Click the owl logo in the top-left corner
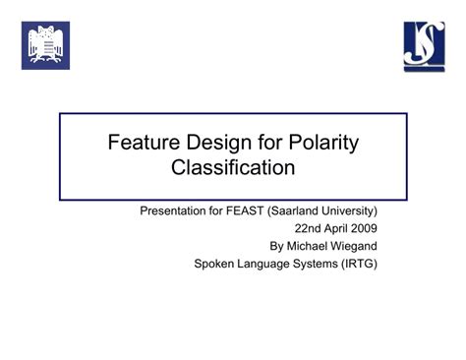46,45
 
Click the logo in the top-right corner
424,45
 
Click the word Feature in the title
143,143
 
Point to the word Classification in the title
233,167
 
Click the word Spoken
217,263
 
